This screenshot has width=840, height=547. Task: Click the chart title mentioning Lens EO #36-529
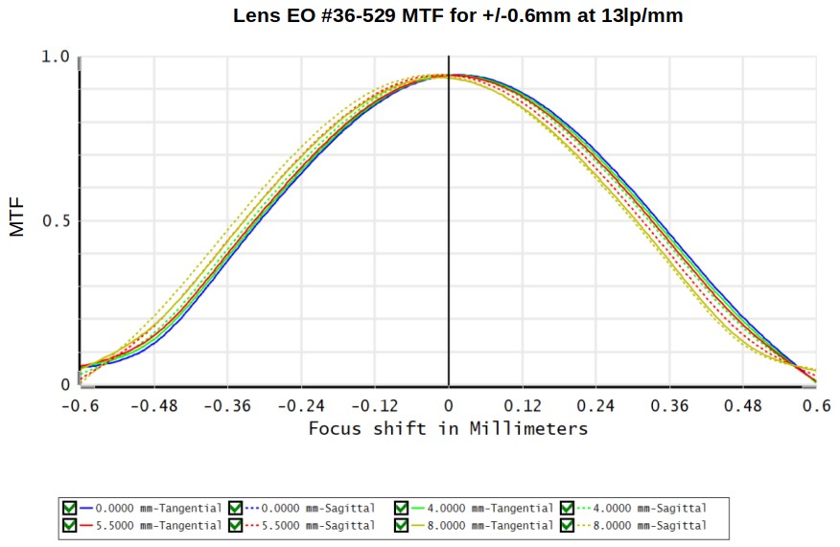tap(458, 15)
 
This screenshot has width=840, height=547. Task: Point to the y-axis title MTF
tap(17, 217)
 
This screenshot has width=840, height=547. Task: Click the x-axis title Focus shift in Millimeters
tap(449, 429)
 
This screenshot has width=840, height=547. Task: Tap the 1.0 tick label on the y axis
tap(56, 57)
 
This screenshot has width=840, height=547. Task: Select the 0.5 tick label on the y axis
tap(56, 220)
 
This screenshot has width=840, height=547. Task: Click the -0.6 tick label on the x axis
tap(81, 406)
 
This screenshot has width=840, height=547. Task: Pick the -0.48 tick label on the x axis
tap(153, 406)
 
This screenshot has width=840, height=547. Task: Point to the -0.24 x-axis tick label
tap(301, 406)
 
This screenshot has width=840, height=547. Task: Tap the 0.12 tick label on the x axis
tap(523, 406)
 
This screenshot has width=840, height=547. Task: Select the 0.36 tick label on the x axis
tap(669, 406)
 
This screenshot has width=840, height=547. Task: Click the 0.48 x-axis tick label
tap(742, 406)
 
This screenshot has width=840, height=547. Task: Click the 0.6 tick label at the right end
tap(816, 406)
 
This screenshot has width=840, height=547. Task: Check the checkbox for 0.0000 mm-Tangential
tap(70, 508)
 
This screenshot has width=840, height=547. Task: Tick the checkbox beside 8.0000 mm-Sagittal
tap(568, 525)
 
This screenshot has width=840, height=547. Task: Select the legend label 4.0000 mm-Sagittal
tap(650, 508)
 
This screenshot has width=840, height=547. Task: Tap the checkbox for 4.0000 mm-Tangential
tap(401, 508)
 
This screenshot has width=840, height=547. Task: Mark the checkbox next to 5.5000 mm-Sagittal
tap(236, 525)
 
